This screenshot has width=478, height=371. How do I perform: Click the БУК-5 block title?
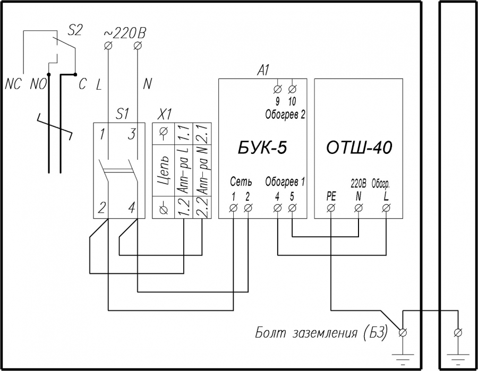tap(262, 148)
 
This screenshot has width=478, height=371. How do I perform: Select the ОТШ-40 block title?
tap(359, 148)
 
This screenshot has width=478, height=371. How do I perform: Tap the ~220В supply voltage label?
tap(125, 33)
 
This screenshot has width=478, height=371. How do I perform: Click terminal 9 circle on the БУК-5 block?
tap(277, 89)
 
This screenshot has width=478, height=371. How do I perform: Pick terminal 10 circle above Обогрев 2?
tap(292, 89)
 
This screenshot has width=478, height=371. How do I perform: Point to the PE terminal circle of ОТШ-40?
tap(331, 208)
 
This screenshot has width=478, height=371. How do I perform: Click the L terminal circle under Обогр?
tap(386, 208)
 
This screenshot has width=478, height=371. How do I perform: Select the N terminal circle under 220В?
tap(358, 208)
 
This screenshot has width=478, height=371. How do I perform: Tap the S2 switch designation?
tap(74, 30)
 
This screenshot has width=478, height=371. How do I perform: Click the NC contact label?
tap(13, 84)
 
